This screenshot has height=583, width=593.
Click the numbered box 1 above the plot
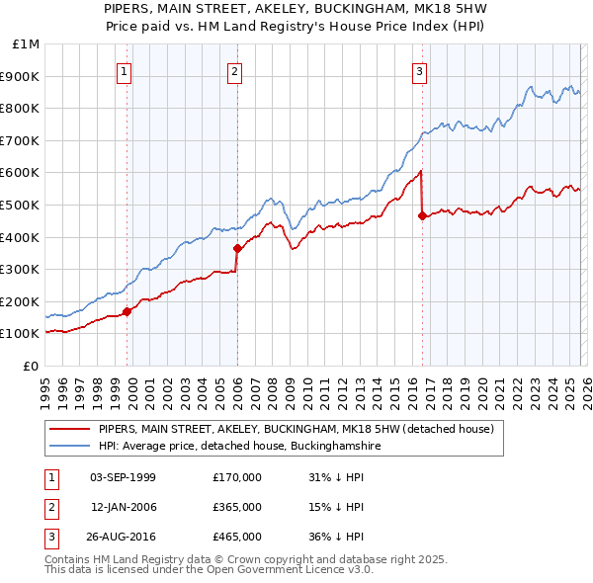[125, 71]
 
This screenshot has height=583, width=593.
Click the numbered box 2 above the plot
[235, 71]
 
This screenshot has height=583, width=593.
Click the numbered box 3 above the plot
[419, 71]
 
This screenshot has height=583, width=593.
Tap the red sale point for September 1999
[127, 311]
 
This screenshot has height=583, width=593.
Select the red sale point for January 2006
[237, 249]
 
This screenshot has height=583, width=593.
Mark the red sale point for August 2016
[423, 216]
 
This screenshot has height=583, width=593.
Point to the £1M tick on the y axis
[27, 44]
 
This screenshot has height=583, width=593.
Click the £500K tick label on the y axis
[23, 206]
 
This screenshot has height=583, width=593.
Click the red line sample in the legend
[70, 430]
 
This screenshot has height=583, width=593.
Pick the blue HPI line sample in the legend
[70, 447]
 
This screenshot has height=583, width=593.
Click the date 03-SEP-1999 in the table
[123, 477]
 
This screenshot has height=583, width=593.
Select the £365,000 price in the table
[237, 507]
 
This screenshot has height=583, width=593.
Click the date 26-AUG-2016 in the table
[123, 537]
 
